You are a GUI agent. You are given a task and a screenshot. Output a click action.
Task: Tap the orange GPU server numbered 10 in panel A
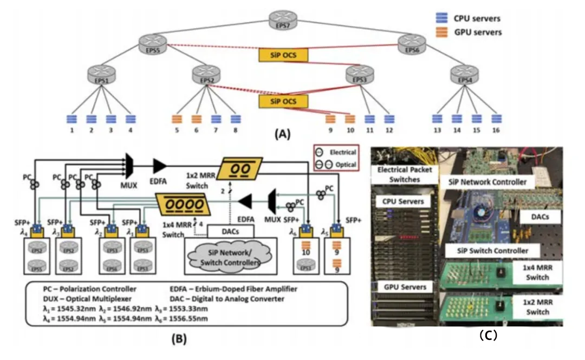click(x=350, y=119)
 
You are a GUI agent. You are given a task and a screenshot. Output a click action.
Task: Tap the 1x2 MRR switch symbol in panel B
click(x=241, y=168)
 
